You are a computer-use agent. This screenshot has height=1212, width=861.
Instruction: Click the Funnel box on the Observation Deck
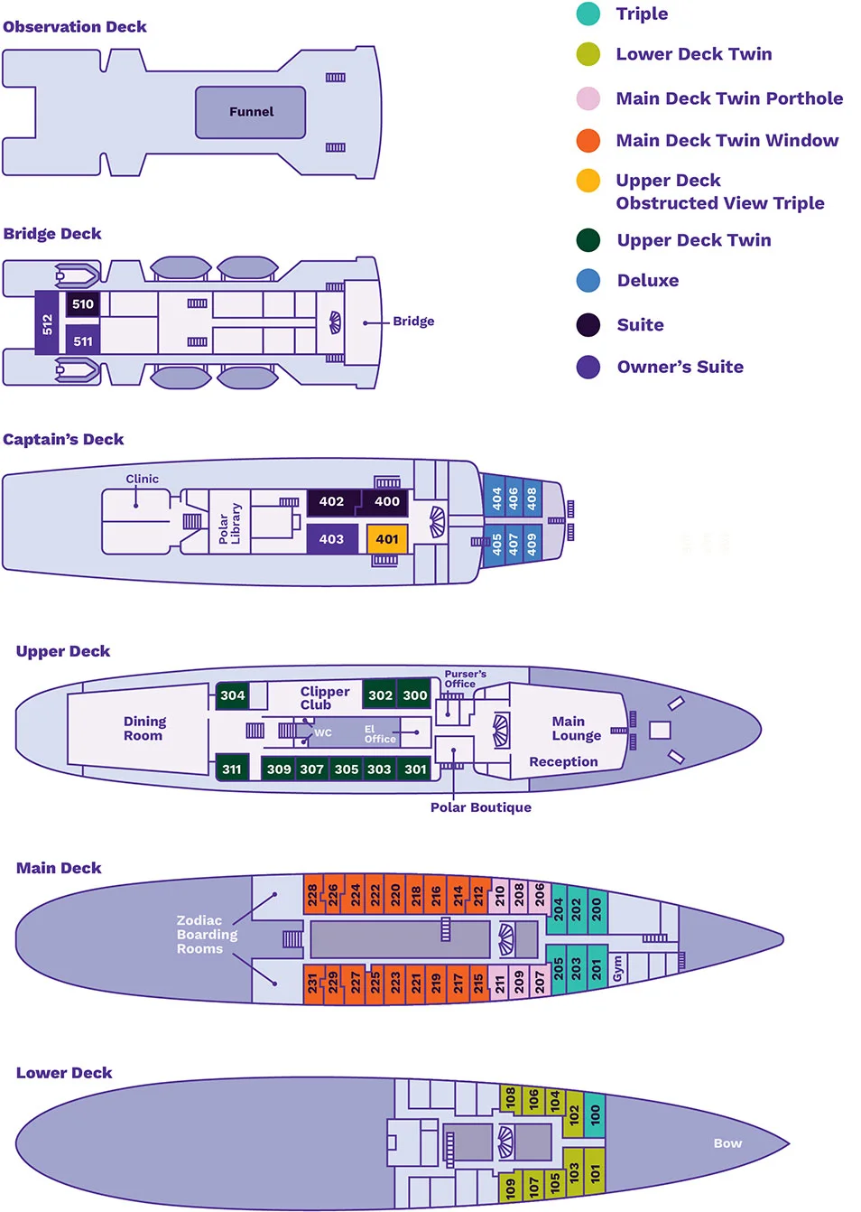(x=251, y=112)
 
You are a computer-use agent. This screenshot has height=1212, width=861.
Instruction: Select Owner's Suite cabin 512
(x=47, y=322)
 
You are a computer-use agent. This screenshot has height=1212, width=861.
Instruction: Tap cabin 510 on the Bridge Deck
(x=83, y=304)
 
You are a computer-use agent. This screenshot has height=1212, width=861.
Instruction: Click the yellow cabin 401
(x=387, y=539)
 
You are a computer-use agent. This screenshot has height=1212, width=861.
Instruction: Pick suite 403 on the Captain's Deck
(x=331, y=539)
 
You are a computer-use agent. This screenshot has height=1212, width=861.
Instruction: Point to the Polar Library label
(x=229, y=524)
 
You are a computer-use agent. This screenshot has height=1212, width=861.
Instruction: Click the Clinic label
(x=142, y=479)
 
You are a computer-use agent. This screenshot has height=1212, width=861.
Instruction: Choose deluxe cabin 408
(x=532, y=498)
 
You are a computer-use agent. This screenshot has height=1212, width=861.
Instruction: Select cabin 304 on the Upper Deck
(x=232, y=695)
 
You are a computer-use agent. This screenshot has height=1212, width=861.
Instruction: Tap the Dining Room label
(x=144, y=729)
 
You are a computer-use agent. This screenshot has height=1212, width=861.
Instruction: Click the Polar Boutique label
(x=480, y=807)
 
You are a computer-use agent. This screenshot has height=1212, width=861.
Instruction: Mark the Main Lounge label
(x=576, y=728)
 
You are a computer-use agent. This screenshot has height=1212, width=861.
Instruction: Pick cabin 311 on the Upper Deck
(x=232, y=769)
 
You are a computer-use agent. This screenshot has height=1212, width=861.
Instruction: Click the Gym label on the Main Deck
(x=617, y=968)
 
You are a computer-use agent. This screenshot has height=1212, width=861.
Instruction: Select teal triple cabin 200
(x=597, y=909)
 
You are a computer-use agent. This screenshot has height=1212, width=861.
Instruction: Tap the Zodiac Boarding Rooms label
(x=207, y=935)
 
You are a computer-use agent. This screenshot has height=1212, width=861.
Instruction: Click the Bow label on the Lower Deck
(x=727, y=1143)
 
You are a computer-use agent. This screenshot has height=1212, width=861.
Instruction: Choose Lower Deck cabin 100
(x=595, y=1114)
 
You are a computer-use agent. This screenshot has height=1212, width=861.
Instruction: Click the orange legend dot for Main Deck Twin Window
(x=588, y=140)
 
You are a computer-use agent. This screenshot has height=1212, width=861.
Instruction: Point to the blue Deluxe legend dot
(x=588, y=280)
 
